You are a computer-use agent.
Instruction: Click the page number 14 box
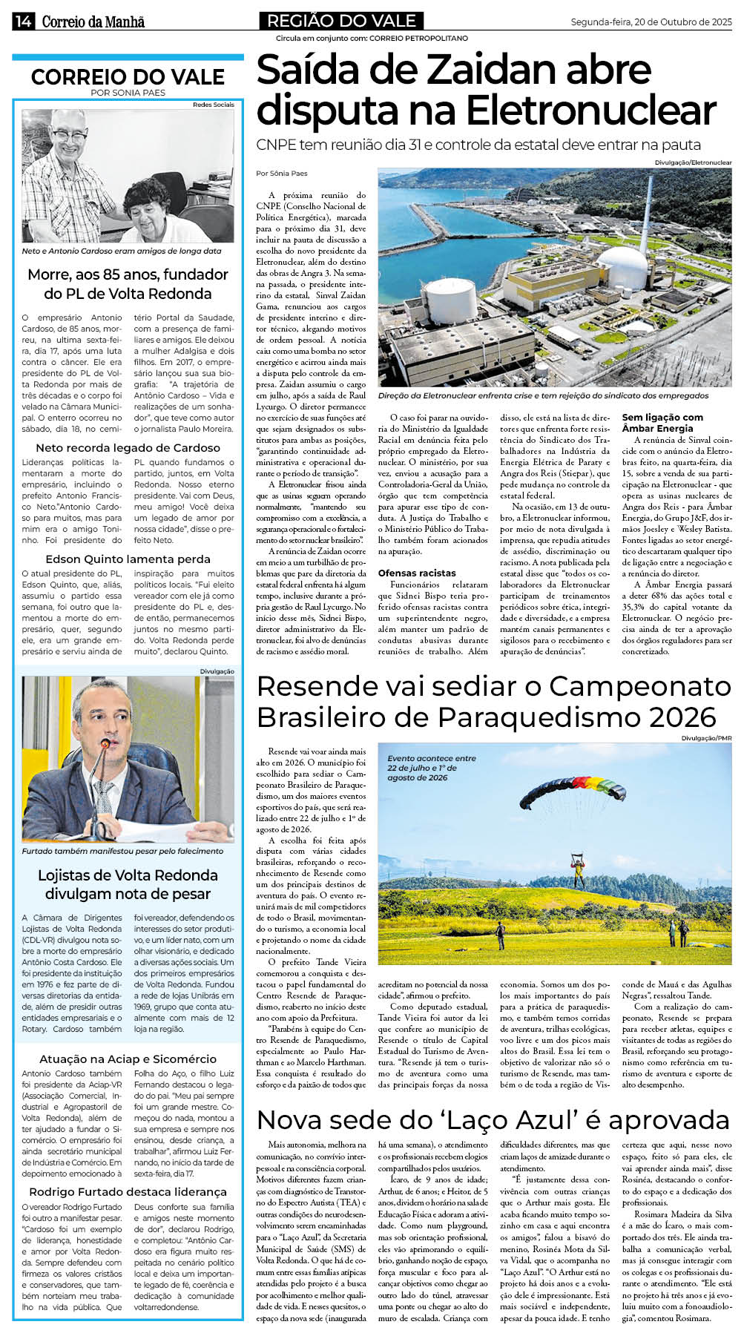pos(22,22)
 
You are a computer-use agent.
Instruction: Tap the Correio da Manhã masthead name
pos(93,22)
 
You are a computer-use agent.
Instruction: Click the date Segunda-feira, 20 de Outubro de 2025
pos(651,22)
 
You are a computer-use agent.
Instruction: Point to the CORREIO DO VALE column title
pos(128,77)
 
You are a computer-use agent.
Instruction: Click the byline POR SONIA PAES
pos(128,93)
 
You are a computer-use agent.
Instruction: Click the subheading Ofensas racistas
pos(417,573)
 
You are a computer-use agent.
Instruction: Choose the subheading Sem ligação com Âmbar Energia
pos(662,423)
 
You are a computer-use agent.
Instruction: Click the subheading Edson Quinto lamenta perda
pos(128,559)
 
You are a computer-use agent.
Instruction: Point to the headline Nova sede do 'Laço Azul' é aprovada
pos(493,1119)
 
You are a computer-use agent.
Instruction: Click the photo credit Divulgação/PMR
pos(706,738)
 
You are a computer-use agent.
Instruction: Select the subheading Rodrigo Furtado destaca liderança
pos(128,1191)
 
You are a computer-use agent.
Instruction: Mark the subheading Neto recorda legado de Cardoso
pos(128,447)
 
